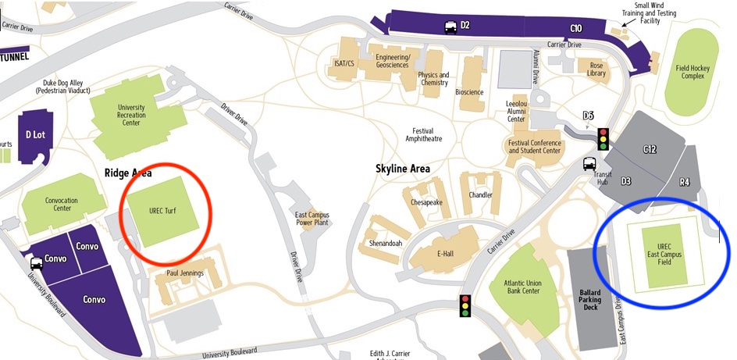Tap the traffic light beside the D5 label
coord(603,139)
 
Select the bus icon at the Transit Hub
coord(589,165)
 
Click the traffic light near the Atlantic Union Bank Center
coord(466,305)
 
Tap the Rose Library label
coord(596,69)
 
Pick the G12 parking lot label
coord(650,149)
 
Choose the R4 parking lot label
coord(684,182)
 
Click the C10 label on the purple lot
coord(576,28)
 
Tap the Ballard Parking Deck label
coord(590,300)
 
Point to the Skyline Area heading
coord(403,168)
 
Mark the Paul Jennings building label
coord(185,273)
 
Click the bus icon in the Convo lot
coord(37,262)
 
